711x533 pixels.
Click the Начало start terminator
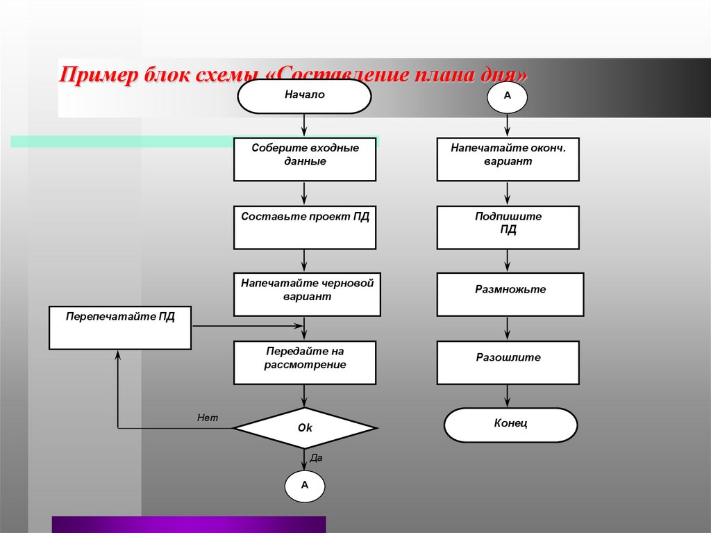(x=304, y=97)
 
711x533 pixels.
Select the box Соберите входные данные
(x=305, y=159)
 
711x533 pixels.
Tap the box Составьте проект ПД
(x=305, y=227)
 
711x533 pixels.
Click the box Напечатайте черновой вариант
(x=307, y=294)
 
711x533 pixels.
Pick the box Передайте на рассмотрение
(x=305, y=363)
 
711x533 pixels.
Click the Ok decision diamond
(x=305, y=427)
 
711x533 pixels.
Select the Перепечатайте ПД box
(x=120, y=328)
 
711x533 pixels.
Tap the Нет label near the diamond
(x=208, y=418)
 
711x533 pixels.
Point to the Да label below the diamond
(x=316, y=458)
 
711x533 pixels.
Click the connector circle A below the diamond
(x=305, y=486)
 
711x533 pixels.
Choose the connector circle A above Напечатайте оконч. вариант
(x=507, y=97)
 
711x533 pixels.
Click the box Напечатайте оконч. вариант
(x=508, y=159)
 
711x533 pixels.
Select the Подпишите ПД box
(x=508, y=227)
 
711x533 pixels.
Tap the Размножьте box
(x=510, y=294)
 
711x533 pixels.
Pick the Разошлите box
(x=508, y=363)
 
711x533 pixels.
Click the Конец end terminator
(x=510, y=425)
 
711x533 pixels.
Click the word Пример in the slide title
(x=99, y=74)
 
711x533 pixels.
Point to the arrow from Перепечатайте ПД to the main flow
(x=248, y=325)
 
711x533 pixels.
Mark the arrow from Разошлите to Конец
(x=507, y=396)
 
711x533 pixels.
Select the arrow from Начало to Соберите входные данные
(x=304, y=125)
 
